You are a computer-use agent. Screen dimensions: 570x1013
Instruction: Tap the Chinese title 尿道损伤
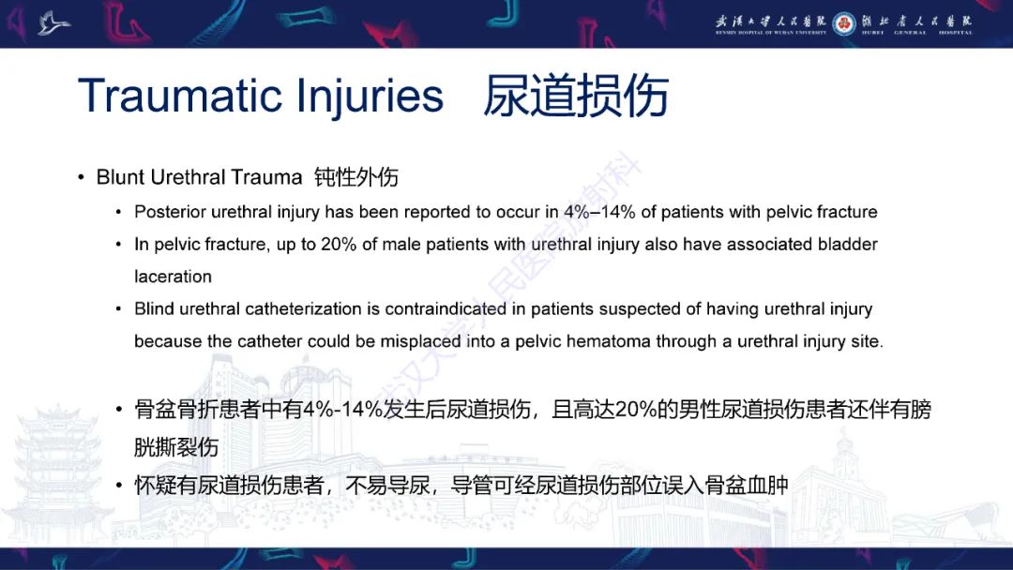point(575,97)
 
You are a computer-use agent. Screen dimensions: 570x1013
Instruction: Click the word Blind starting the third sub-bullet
point(155,308)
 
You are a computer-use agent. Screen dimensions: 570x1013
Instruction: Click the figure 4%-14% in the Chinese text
point(343,411)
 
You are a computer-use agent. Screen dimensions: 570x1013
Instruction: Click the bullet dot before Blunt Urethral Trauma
point(82,178)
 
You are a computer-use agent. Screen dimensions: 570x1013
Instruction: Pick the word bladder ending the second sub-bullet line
point(848,244)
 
